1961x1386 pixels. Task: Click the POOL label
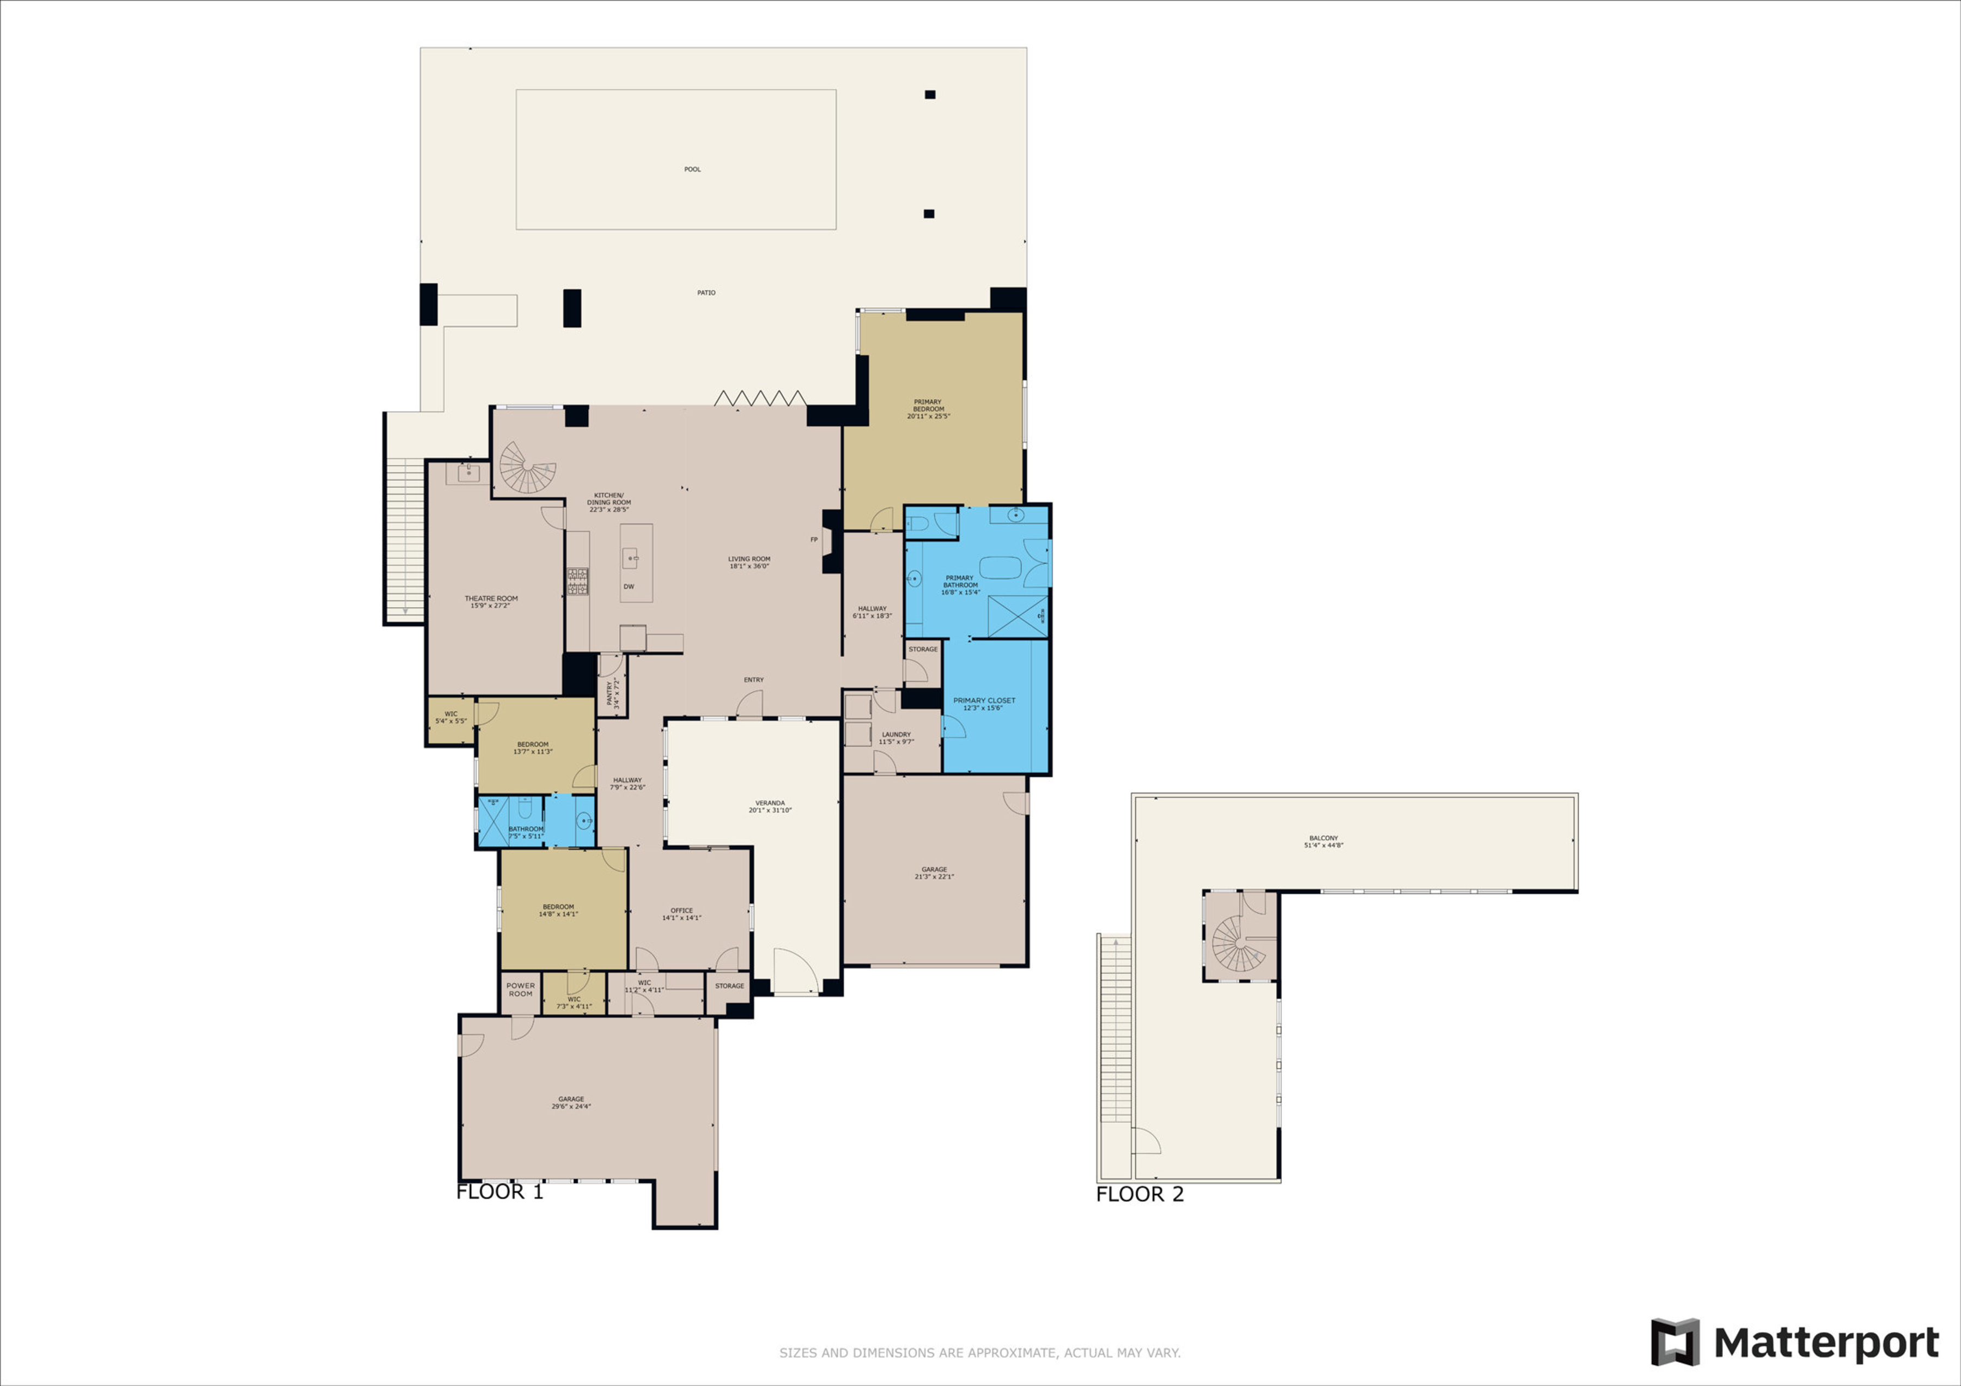[x=692, y=169]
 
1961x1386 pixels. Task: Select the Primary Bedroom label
[x=928, y=409]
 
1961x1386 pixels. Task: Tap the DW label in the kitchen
[x=629, y=587]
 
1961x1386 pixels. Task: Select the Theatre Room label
[x=491, y=602]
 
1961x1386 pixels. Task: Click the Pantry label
[x=612, y=692]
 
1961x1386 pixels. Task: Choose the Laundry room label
[x=896, y=738]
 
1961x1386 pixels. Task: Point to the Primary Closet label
[x=984, y=704]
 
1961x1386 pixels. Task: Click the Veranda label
[x=770, y=806]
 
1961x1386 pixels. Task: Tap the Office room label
[x=681, y=914]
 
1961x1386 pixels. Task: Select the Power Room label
[x=520, y=989]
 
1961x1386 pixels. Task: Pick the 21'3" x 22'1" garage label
[x=934, y=873]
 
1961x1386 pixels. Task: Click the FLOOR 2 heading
[x=1140, y=1194]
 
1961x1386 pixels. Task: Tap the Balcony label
[x=1323, y=841]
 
